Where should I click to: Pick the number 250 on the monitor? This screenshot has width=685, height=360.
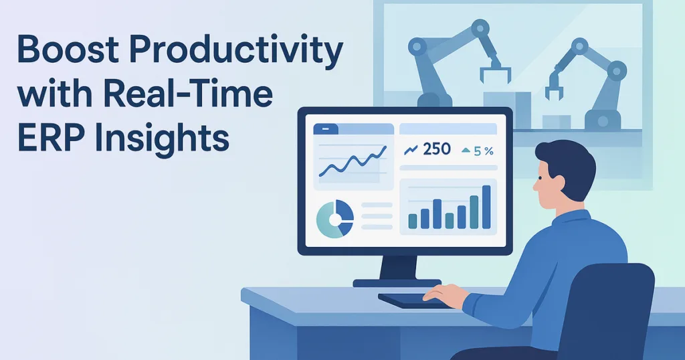coord(437,149)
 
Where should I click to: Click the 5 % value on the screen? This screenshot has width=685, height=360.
coord(483,150)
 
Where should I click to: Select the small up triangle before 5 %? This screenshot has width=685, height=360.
coord(466,151)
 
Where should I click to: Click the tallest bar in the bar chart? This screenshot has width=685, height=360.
coord(486,207)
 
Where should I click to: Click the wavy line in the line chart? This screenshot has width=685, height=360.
coord(353,163)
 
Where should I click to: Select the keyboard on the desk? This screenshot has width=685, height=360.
coord(408,300)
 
